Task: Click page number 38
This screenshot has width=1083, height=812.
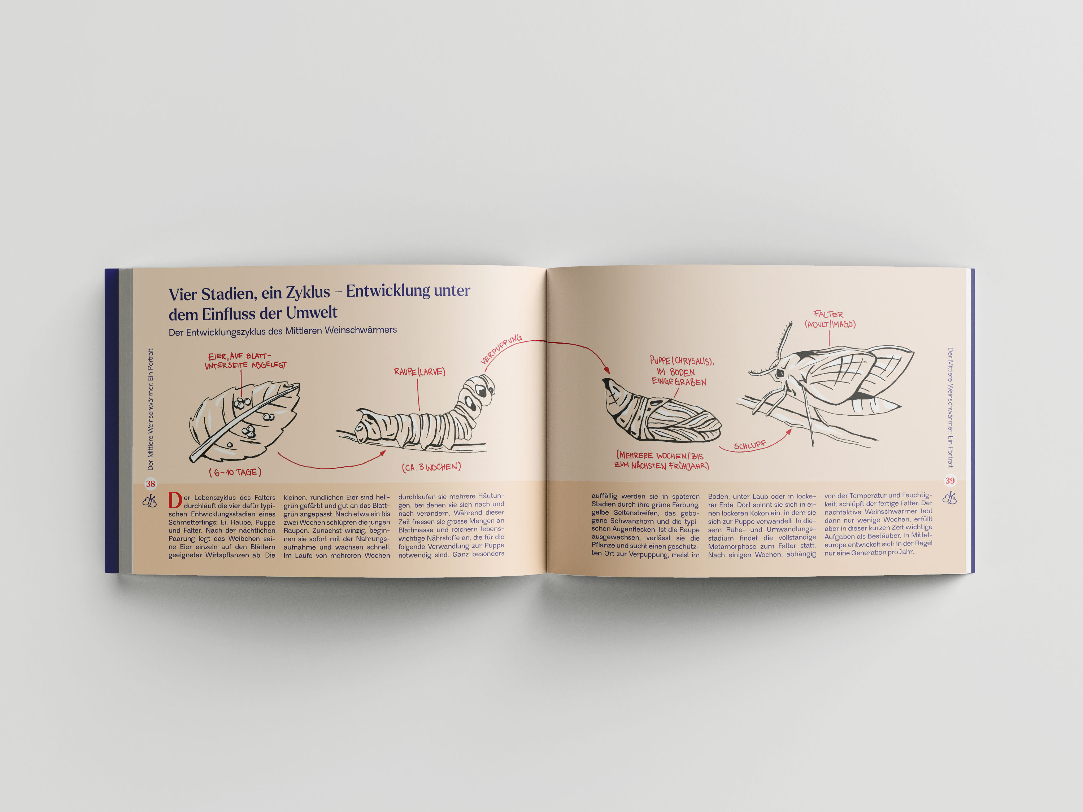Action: [x=150, y=484]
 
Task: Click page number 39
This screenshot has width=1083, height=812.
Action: [x=950, y=481]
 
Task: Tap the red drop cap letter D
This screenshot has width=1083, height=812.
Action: [x=175, y=501]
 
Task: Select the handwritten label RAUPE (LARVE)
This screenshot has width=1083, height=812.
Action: [x=419, y=372]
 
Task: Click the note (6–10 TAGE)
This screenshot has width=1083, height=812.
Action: [x=235, y=472]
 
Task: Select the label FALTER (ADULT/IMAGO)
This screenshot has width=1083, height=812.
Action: [x=830, y=319]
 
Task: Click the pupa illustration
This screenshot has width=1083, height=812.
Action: [x=661, y=410]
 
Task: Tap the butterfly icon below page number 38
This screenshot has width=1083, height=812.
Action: [x=150, y=501]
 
